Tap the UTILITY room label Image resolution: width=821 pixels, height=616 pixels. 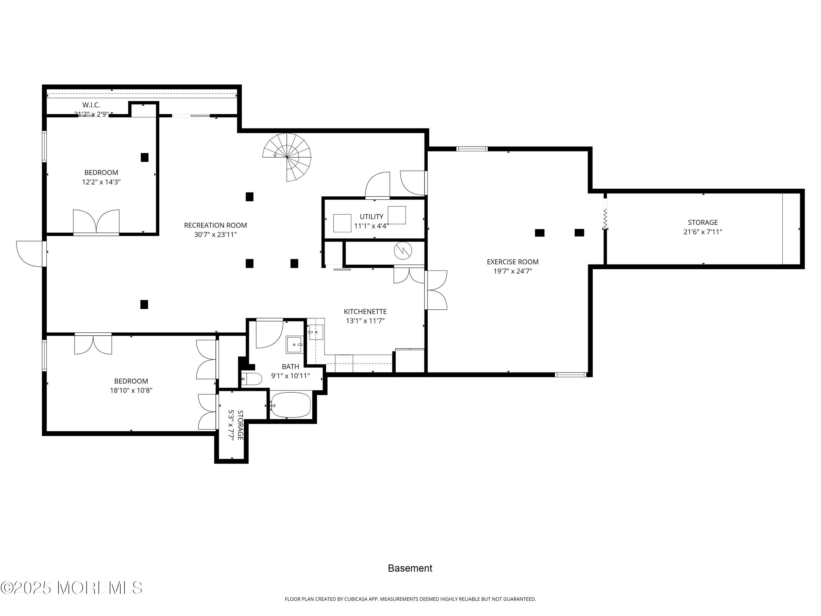371,217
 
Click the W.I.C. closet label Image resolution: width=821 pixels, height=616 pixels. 91,105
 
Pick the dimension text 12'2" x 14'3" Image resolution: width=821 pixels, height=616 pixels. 101,182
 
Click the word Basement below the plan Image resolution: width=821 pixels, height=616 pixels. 410,568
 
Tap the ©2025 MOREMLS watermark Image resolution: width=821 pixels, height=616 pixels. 71,588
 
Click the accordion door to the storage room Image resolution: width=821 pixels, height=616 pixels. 605,219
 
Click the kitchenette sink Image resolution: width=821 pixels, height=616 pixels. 316,332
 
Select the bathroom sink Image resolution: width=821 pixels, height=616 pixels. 294,345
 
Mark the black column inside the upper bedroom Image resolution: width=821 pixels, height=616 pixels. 144,157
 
